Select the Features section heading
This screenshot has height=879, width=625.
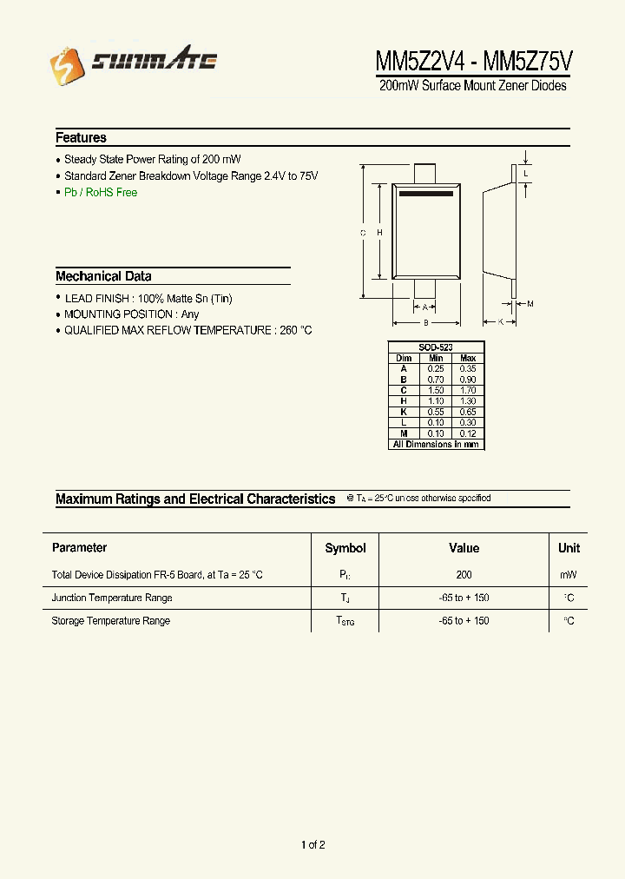click(81, 138)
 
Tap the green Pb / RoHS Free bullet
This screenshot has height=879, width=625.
click(101, 193)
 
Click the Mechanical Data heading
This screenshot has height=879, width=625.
click(103, 276)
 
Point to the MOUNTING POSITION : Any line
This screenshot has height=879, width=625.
click(131, 314)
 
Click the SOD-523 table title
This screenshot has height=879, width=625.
click(436, 347)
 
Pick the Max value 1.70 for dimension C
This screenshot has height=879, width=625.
click(468, 390)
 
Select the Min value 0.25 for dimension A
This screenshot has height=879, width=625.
click(436, 368)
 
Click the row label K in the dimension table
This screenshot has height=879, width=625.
click(404, 412)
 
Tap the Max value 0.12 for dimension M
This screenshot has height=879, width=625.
click(468, 433)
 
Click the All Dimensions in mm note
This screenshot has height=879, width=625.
click(436, 444)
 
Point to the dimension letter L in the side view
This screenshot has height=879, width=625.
click(526, 174)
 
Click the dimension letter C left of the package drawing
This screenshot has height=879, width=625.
click(362, 233)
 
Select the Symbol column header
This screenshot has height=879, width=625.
click(345, 548)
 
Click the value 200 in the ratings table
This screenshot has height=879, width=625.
click(464, 575)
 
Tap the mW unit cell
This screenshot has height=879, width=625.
click(569, 575)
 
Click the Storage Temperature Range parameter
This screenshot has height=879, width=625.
click(110, 621)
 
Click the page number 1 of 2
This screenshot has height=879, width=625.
click(312, 845)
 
